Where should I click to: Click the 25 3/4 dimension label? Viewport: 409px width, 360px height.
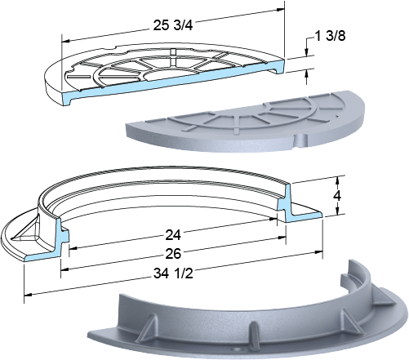click(x=173, y=25)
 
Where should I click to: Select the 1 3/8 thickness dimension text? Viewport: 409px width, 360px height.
click(x=330, y=36)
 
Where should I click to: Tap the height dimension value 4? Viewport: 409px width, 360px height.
click(x=337, y=195)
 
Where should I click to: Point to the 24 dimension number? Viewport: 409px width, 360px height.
click(x=173, y=235)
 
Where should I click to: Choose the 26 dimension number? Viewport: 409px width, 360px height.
click(x=173, y=254)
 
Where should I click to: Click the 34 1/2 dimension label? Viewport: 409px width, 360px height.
click(x=173, y=273)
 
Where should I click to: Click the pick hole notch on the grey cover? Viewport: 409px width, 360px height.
click(x=301, y=140)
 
